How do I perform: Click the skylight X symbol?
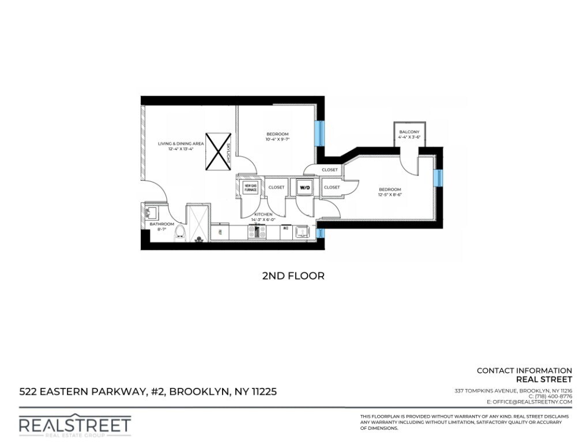click(x=217, y=151)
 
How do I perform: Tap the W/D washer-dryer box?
click(x=304, y=186)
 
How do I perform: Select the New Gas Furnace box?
click(x=250, y=187)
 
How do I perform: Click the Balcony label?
click(x=409, y=132)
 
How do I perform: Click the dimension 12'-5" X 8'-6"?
click(x=389, y=195)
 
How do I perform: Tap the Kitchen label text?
click(x=263, y=214)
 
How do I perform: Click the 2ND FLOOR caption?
click(x=293, y=276)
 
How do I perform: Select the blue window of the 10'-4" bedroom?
click(x=318, y=133)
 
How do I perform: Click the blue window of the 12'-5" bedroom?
click(x=438, y=177)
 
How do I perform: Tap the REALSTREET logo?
click(x=75, y=425)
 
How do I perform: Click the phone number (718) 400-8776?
click(x=547, y=396)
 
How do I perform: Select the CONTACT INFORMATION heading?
click(x=524, y=371)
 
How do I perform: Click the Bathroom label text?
click(x=161, y=224)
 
